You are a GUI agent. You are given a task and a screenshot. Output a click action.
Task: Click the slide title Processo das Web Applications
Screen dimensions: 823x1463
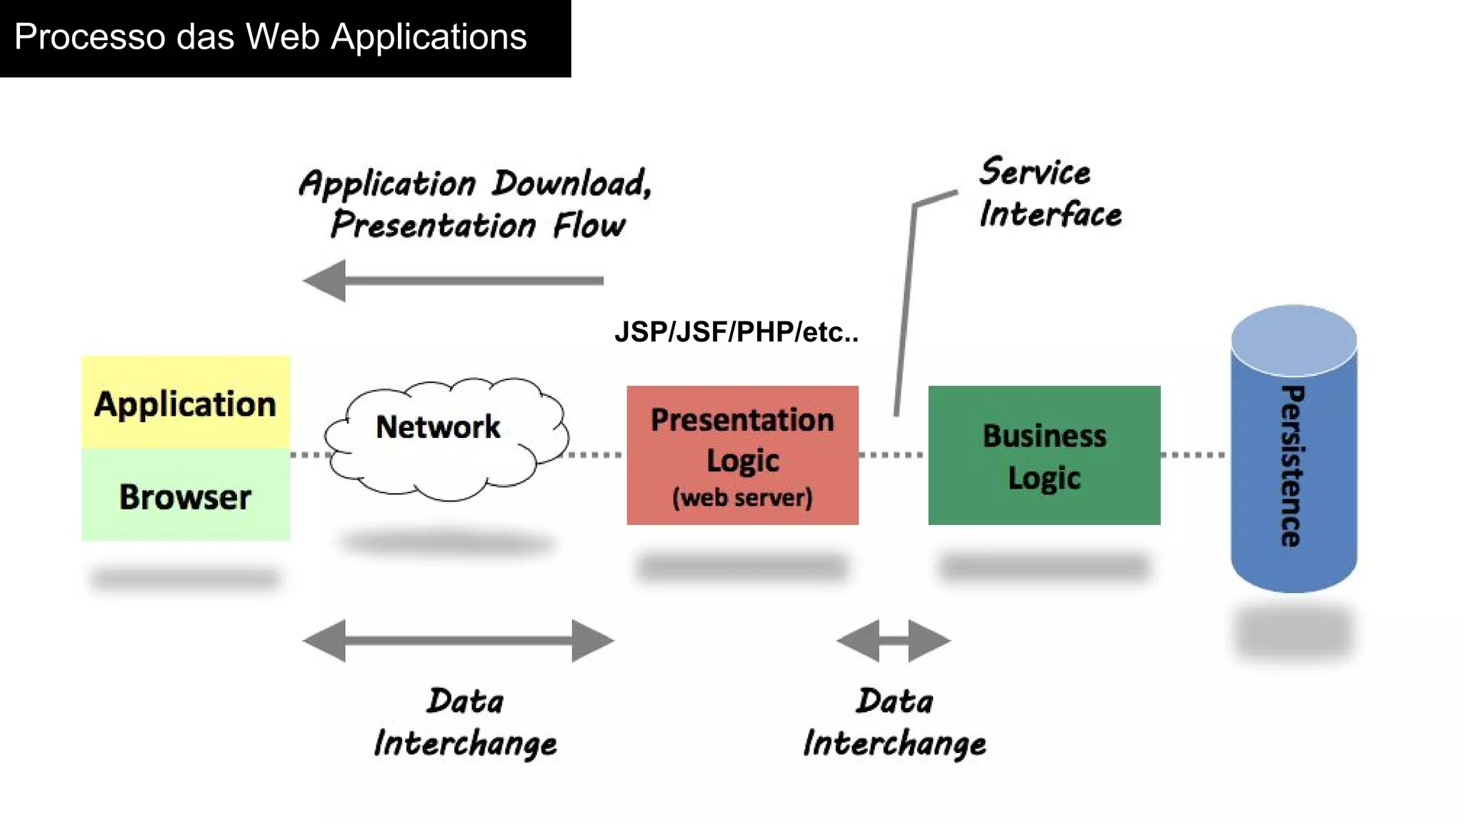[x=270, y=37]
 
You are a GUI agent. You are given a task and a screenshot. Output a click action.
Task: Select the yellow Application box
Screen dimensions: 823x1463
[x=185, y=403]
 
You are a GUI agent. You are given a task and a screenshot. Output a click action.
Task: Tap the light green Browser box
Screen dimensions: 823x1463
[x=185, y=496]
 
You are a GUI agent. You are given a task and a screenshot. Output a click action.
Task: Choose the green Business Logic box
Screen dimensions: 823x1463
[x=1044, y=456]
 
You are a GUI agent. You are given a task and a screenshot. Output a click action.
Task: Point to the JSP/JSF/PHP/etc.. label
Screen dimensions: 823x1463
[x=736, y=332]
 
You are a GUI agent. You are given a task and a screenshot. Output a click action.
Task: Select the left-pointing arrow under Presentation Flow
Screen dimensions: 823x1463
[x=453, y=281]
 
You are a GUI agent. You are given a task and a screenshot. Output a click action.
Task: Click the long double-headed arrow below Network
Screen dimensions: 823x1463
[x=458, y=641]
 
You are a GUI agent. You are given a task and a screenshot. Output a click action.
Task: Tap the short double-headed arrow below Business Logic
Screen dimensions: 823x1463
[x=894, y=641]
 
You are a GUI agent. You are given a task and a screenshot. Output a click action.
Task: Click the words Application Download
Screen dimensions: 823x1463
[x=475, y=184]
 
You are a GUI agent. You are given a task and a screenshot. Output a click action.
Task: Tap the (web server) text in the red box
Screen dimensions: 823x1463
[x=742, y=497]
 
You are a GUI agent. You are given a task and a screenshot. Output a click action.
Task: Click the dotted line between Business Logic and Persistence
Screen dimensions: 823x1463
[x=1193, y=454]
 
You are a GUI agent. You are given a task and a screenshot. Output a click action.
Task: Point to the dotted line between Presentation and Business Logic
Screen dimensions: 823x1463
[x=893, y=454]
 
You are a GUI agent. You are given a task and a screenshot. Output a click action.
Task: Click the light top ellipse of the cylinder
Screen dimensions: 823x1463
[x=1293, y=340]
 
